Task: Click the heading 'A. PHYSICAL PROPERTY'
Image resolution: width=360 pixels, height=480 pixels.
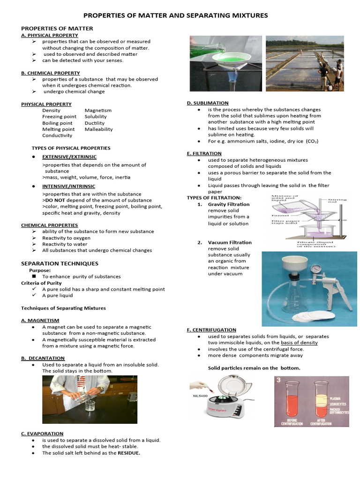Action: [x=50, y=35]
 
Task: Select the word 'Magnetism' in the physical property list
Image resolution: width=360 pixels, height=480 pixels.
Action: [x=98, y=110]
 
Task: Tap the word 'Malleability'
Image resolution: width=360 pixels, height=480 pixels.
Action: [x=98, y=129]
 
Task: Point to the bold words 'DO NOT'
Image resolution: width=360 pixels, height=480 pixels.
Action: [x=55, y=200]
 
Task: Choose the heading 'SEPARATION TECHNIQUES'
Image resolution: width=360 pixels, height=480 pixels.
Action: [x=60, y=263]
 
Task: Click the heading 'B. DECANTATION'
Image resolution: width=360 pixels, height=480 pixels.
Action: [x=43, y=358]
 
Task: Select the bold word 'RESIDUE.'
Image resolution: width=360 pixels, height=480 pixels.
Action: [x=128, y=453]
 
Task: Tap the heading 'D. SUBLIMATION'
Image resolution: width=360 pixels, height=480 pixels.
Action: [x=208, y=103]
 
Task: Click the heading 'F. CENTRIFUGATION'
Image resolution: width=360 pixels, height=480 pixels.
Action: [x=211, y=330]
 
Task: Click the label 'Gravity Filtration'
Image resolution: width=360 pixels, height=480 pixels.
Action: [x=229, y=204]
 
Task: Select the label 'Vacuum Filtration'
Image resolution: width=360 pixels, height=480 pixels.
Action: [x=230, y=242]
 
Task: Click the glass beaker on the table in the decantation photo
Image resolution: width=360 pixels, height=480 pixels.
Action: [x=90, y=406]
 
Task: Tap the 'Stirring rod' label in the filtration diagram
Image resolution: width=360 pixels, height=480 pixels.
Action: [x=337, y=202]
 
